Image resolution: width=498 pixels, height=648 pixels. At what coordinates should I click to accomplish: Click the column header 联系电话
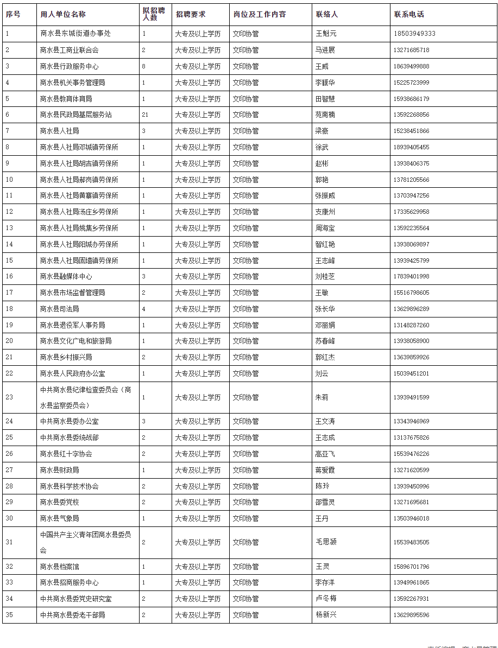point(409,14)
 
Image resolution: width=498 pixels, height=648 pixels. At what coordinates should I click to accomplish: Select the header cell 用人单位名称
point(62,14)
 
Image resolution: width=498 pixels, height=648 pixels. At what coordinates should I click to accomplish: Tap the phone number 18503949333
point(414,34)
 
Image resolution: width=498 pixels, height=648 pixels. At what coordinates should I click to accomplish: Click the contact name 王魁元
point(326,34)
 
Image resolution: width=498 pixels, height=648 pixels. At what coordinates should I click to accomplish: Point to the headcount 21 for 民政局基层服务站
point(145,115)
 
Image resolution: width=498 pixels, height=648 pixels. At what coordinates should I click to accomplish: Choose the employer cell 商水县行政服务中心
point(69,66)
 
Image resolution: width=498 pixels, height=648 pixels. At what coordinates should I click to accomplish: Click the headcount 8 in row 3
point(144,66)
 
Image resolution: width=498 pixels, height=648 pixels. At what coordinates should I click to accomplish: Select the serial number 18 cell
point(9,309)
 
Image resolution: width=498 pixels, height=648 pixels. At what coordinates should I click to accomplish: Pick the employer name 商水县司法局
point(59,309)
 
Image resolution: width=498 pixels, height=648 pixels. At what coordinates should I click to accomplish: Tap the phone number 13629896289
point(411,309)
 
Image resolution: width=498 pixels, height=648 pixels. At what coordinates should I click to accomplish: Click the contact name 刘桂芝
point(325,276)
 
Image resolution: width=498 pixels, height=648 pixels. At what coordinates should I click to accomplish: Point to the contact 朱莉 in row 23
point(322,397)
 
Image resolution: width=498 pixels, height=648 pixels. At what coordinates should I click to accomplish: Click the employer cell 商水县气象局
point(59,518)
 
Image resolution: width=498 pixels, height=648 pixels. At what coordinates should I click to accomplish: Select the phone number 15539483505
point(411,542)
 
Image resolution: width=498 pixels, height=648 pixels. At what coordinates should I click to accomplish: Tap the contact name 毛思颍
point(326,542)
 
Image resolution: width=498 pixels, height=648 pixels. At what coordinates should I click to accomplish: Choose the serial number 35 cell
point(9,615)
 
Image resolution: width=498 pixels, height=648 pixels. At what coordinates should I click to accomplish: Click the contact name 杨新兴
point(326,615)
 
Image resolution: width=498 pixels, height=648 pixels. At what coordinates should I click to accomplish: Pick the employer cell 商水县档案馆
point(59,567)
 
